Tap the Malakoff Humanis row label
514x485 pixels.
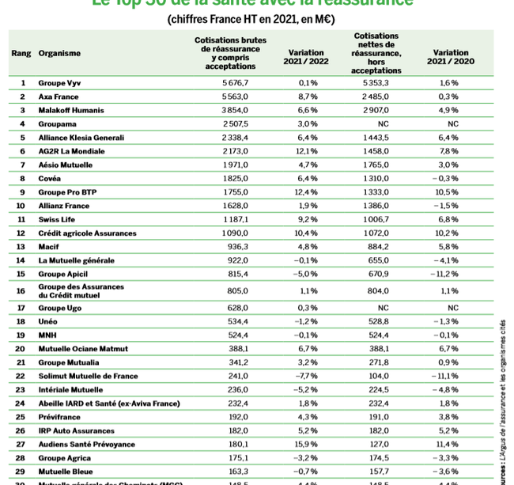(x=72, y=110)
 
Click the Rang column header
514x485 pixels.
(x=21, y=54)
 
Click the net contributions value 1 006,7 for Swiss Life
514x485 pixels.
(x=376, y=220)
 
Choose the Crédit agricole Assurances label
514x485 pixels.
(x=87, y=233)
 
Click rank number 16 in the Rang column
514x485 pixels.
(x=23, y=290)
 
